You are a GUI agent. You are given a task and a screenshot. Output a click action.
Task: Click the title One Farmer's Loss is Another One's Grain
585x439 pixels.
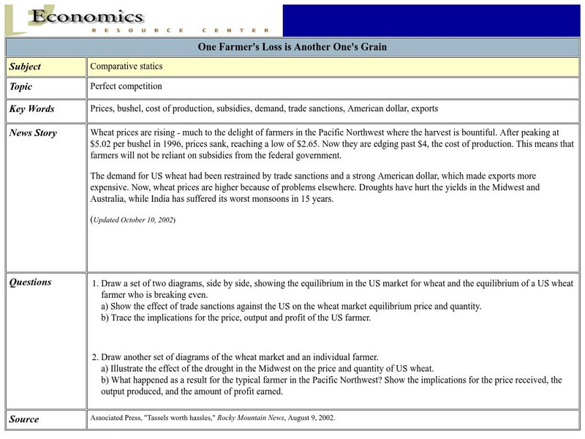point(292,48)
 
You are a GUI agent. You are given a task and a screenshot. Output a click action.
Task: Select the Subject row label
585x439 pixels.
point(25,67)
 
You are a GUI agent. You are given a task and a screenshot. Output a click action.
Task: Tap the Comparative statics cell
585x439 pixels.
point(126,66)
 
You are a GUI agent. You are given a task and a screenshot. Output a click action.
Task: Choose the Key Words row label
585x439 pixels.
point(31,109)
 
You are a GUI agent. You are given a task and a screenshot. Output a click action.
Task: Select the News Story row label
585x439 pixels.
point(33,133)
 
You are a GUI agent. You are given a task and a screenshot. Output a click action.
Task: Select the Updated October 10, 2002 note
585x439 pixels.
point(133,219)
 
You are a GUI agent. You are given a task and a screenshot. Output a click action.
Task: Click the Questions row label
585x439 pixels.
point(31,282)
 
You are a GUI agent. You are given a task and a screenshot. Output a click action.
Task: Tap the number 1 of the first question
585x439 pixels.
point(94,283)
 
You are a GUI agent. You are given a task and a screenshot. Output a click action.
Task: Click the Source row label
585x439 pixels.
point(23,419)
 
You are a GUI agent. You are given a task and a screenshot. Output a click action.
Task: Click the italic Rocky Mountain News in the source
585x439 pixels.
point(238,418)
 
